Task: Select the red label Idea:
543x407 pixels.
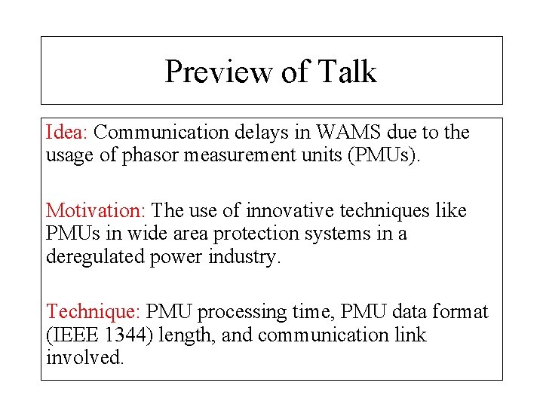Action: (x=67, y=133)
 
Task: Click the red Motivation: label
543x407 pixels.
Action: (x=97, y=211)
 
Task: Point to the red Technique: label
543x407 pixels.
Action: (x=94, y=312)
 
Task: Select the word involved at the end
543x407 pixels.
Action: (x=84, y=357)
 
